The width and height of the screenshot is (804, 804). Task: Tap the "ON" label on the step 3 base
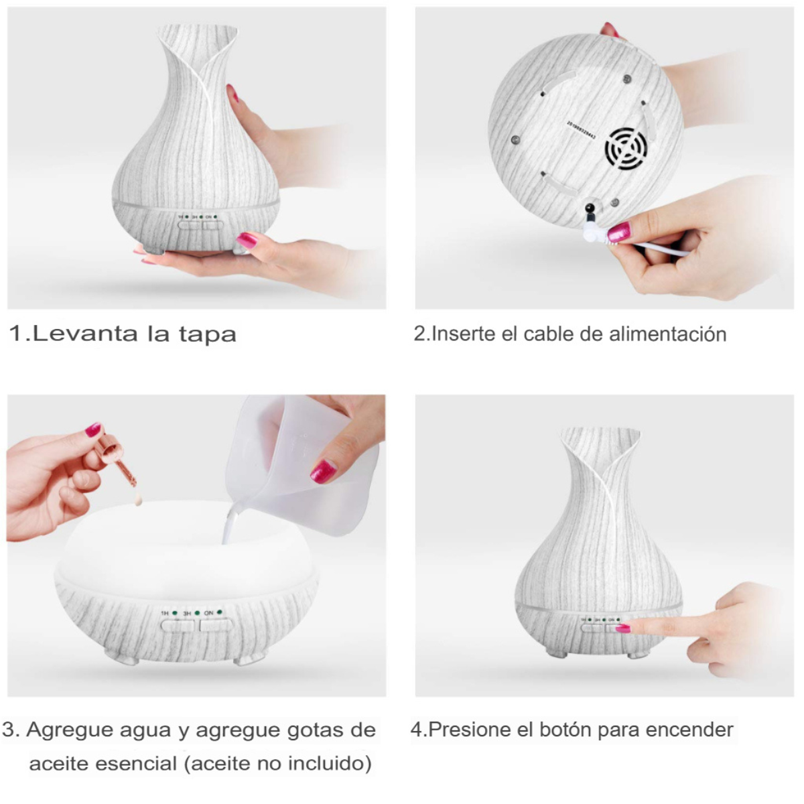pyautogui.click(x=208, y=613)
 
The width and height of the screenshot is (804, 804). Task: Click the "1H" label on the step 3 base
pyautogui.click(x=165, y=613)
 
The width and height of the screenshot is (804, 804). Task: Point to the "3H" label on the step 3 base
pyautogui.click(x=187, y=613)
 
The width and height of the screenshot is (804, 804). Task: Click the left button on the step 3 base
pyautogui.click(x=177, y=626)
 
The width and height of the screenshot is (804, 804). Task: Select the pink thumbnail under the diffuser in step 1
pyautogui.click(x=247, y=240)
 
